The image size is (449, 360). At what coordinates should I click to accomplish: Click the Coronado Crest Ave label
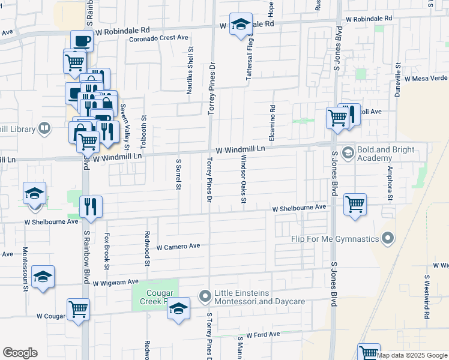coord(159,38)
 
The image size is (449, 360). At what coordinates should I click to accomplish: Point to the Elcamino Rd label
coord(273,121)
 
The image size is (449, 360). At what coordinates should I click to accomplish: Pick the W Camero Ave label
coord(178,247)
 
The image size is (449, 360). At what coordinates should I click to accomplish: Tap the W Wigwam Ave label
coord(115,281)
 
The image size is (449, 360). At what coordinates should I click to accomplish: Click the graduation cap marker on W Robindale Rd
coord(241,25)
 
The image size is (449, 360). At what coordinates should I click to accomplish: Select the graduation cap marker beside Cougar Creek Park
coord(178,308)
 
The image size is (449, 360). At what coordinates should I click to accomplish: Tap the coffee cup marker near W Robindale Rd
coord(82,41)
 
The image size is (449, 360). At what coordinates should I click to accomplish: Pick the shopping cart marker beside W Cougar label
coord(79,310)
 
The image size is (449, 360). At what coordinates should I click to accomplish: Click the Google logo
coord(20,353)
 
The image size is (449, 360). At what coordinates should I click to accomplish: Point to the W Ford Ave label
coord(263,334)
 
